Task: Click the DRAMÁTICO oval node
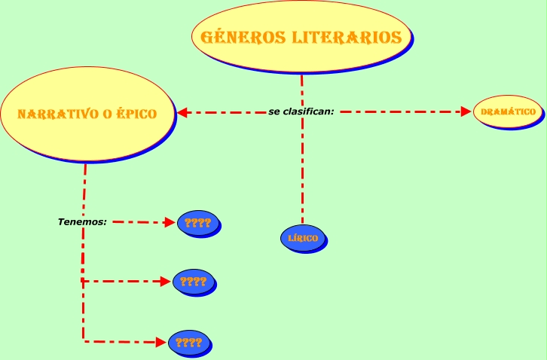click(509, 112)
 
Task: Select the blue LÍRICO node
click(303, 239)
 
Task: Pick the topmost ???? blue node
click(198, 223)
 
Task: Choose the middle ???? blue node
click(194, 282)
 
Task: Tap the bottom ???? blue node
click(188, 342)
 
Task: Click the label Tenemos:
click(82, 222)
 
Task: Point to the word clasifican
click(306, 111)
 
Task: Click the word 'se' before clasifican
click(273, 111)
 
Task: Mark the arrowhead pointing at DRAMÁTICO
click(466, 112)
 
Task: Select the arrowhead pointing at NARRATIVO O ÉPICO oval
click(182, 113)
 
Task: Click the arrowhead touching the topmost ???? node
click(170, 223)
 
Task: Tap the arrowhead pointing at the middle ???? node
click(166, 282)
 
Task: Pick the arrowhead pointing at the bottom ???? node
click(160, 342)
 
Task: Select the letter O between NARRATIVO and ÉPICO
click(107, 114)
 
